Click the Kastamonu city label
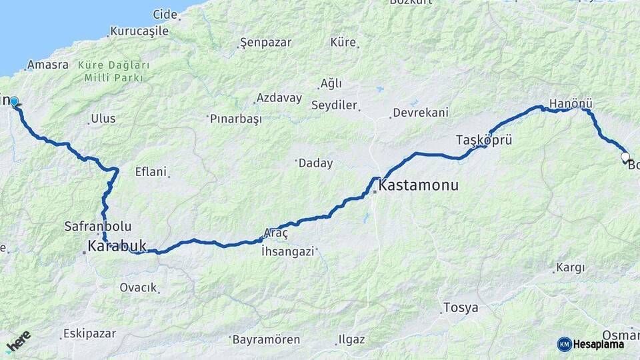click(418, 185)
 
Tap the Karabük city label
click(117, 247)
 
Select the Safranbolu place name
click(98, 225)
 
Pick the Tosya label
click(461, 308)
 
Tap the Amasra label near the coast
click(47, 65)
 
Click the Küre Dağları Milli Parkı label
click(113, 71)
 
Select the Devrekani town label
click(420, 113)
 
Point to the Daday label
click(315, 163)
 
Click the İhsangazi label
click(287, 251)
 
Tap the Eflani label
click(150, 171)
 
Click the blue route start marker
click(13, 102)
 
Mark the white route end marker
click(625, 157)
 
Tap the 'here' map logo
click(18, 344)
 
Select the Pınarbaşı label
click(235, 119)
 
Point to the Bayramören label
click(266, 339)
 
